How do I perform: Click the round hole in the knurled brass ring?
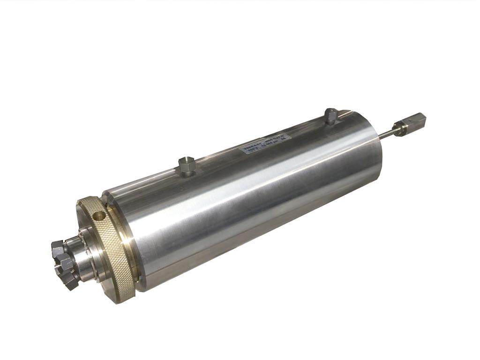[99, 216]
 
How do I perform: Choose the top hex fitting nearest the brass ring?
[187, 165]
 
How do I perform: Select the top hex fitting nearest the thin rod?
[331, 115]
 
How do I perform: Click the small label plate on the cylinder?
[265, 142]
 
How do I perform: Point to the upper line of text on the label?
[264, 140]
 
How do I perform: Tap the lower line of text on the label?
[266, 145]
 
